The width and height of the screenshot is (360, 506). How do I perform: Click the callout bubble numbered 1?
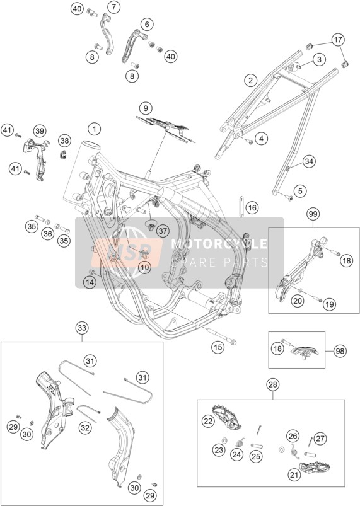(x=95, y=130)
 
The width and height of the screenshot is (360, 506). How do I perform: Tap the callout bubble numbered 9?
(x=146, y=108)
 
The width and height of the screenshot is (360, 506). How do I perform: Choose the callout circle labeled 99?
(x=313, y=214)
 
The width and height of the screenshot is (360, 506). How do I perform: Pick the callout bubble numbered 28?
(x=273, y=384)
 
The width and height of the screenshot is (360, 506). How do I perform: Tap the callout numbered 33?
(x=82, y=328)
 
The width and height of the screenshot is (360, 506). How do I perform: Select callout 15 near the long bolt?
(x=218, y=347)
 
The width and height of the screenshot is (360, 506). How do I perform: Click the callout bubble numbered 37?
(x=163, y=231)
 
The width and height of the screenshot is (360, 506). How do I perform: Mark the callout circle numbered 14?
(x=90, y=283)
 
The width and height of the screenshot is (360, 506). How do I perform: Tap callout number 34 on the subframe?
(x=309, y=161)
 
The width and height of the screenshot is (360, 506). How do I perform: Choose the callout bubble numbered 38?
(x=65, y=141)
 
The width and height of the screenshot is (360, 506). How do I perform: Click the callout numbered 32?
(x=85, y=428)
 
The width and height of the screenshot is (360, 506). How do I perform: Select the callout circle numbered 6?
(x=147, y=24)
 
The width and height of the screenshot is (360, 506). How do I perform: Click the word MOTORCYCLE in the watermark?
(x=219, y=244)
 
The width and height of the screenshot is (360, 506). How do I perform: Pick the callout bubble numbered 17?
(x=337, y=40)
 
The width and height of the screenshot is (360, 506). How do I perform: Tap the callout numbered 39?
(x=39, y=131)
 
